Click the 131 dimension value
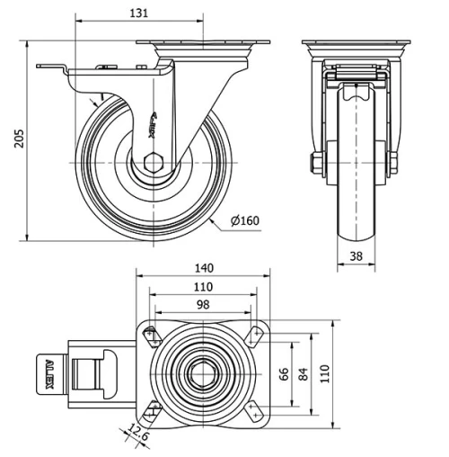137,13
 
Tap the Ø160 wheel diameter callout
246,220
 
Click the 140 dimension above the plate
204,267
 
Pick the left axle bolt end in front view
315,163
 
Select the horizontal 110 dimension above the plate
203,286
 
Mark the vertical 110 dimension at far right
326,372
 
